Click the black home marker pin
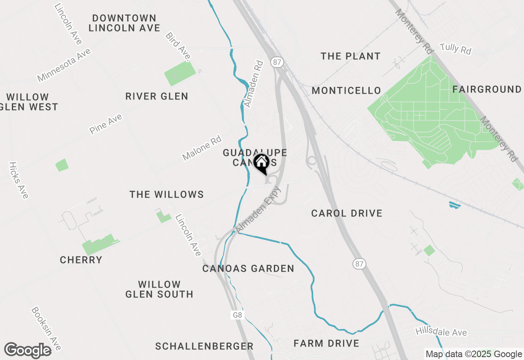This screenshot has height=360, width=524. coord(261,164)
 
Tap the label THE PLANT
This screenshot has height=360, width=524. coord(350,56)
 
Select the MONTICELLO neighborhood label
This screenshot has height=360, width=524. coord(346,90)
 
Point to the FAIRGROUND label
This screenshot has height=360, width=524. coord(487,89)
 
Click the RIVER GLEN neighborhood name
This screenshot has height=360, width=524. coord(157,97)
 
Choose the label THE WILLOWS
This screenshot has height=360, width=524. coord(167,194)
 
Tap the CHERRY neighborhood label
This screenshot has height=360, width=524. coord(81,260)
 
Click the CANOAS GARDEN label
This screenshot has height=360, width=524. coord(248,268)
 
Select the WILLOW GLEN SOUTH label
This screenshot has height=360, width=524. coord(159,289)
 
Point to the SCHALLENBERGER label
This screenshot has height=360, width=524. coord(204,346)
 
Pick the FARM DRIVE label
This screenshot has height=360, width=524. coord(326,343)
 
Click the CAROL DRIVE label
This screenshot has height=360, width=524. coord(347,213)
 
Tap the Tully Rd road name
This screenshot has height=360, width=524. coord(455,49)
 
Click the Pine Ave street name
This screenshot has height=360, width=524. coord(106,124)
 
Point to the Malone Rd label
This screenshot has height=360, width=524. coord(202,149)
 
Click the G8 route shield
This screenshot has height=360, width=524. coord(238,315)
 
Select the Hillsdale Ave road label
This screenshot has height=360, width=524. coord(441,332)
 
